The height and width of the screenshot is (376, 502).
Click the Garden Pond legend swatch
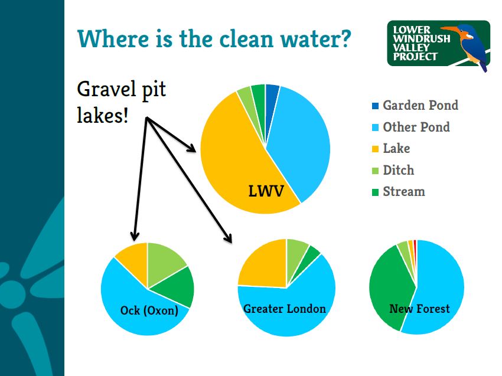[x=375, y=106]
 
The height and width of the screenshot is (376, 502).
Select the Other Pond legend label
[x=416, y=127]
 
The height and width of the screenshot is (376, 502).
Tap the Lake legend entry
[x=391, y=149]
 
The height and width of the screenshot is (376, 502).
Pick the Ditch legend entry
[x=393, y=170]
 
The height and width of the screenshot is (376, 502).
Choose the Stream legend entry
[x=399, y=192]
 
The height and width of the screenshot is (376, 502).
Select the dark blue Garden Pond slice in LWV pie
[x=272, y=96]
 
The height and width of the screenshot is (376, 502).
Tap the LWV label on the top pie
[x=266, y=191]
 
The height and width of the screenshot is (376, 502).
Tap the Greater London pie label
[x=285, y=309]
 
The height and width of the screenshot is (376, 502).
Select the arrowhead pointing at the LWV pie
[x=191, y=148]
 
